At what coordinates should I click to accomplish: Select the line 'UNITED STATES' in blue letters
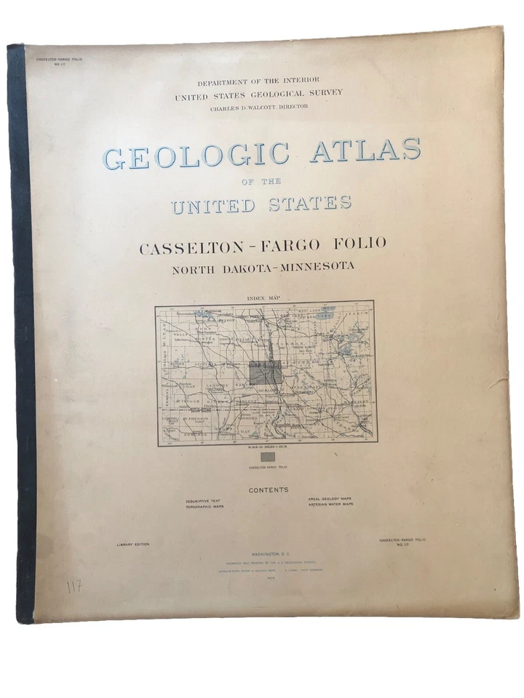click(x=261, y=204)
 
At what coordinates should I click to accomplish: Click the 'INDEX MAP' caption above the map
click(x=263, y=297)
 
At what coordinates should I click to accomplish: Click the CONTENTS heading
click(x=269, y=490)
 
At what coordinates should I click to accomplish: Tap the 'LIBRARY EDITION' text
click(x=133, y=544)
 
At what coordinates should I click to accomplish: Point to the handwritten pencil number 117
click(x=74, y=586)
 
